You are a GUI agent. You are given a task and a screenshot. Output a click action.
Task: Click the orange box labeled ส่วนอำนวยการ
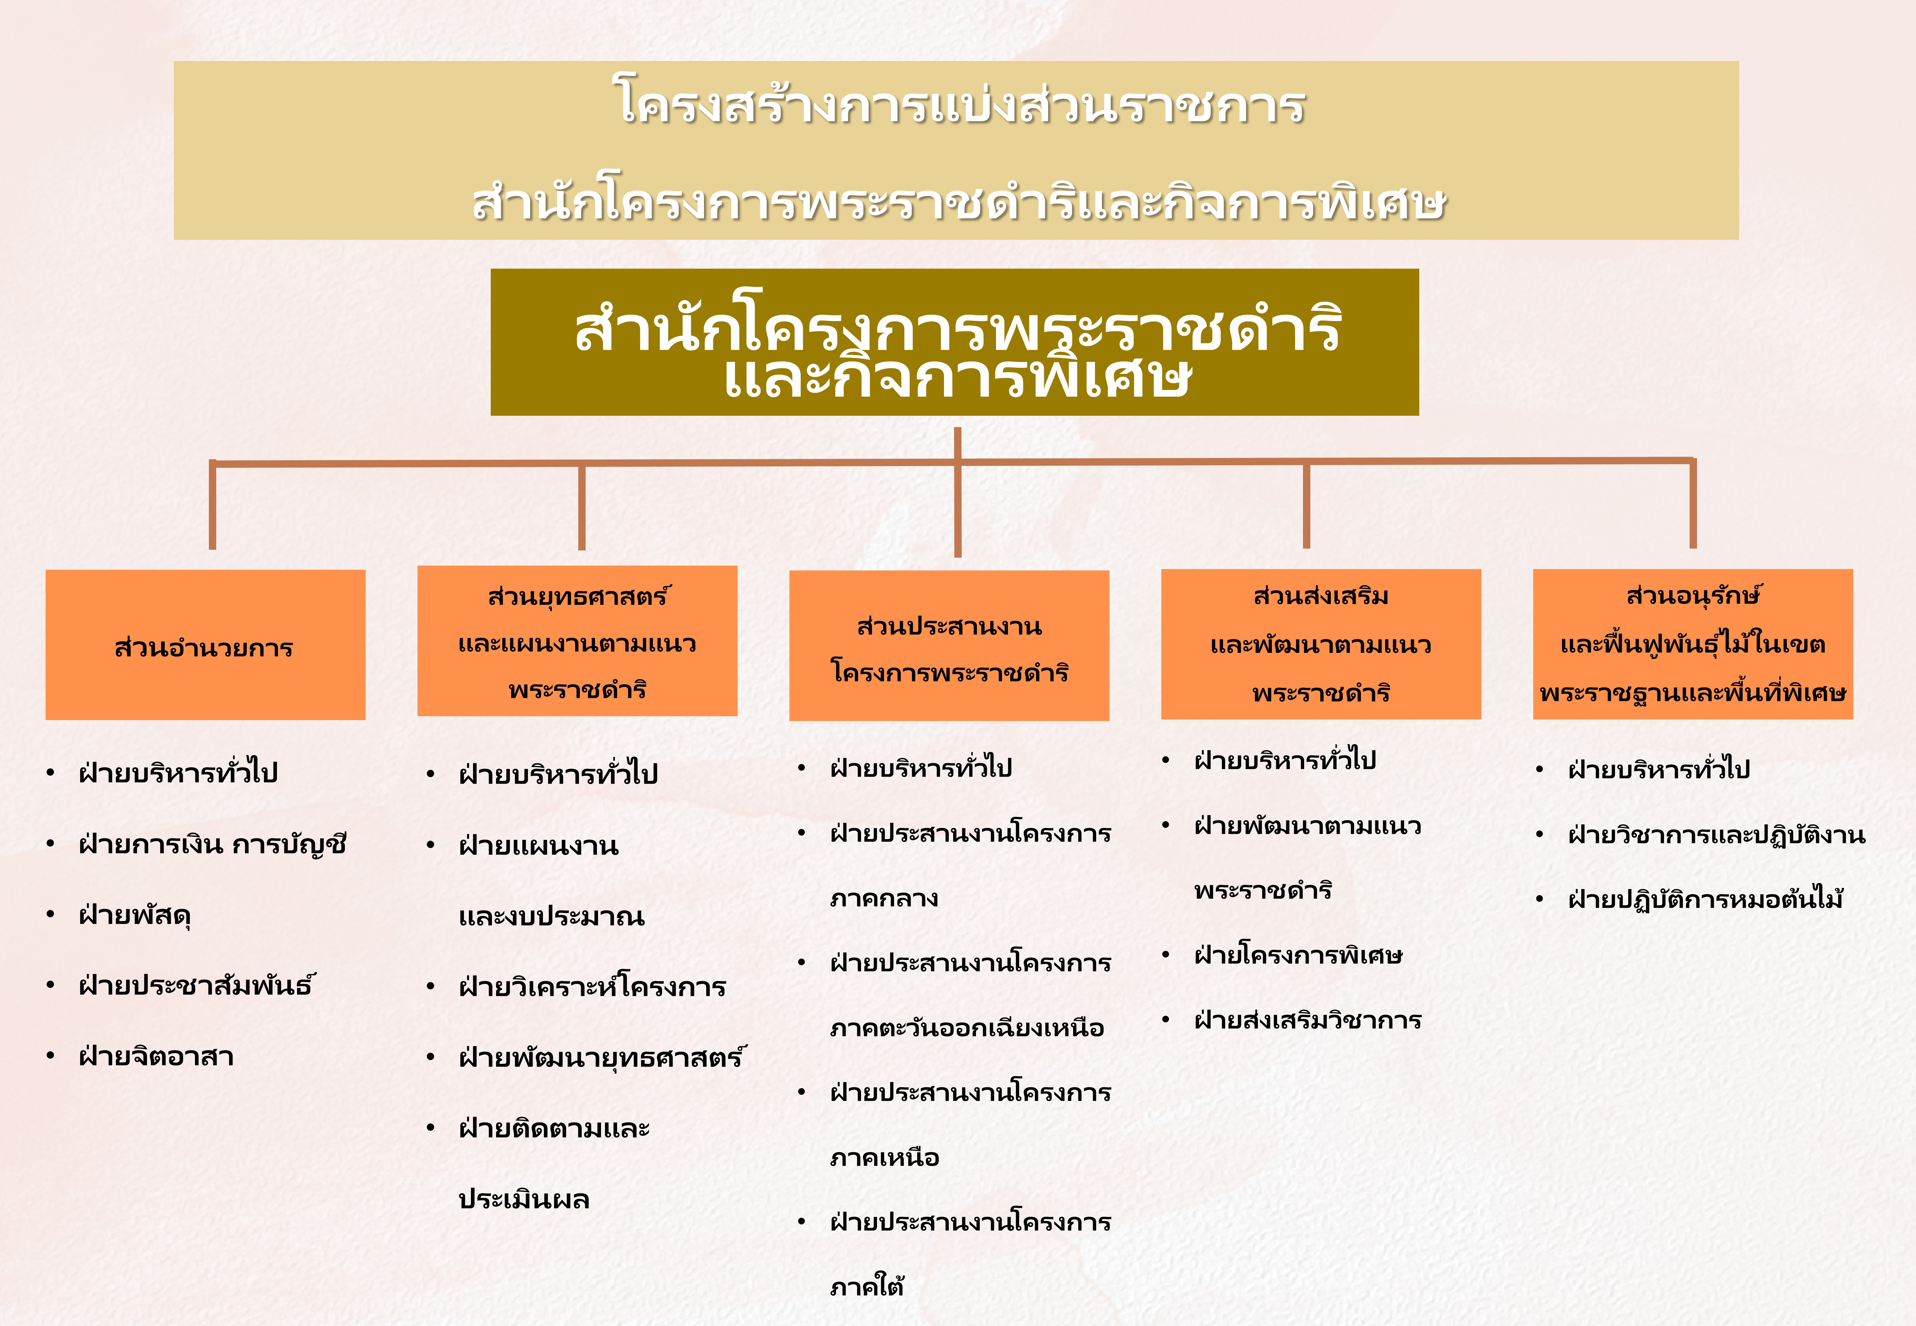(x=205, y=645)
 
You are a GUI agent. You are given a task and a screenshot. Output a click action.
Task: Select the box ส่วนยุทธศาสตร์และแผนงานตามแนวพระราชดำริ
(x=578, y=641)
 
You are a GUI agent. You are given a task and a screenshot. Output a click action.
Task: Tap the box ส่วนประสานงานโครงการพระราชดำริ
(x=949, y=646)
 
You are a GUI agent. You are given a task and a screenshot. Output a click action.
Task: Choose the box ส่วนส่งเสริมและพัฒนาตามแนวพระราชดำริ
(x=1321, y=644)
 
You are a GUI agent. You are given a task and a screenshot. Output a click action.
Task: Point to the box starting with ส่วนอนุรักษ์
(x=1692, y=644)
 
